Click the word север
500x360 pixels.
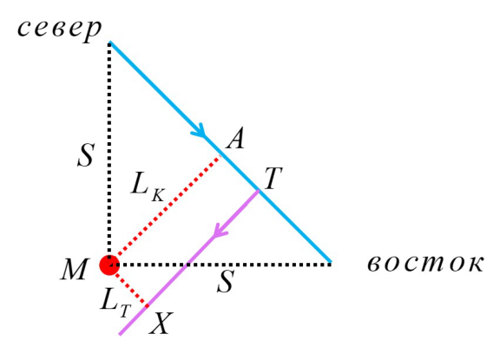59,30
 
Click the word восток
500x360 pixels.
425,264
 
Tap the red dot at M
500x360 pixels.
109,265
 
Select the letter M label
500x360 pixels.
74,269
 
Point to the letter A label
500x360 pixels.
235,138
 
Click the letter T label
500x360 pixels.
273,179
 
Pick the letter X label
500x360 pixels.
161,323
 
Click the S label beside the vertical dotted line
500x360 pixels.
86,154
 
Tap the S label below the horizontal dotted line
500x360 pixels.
226,281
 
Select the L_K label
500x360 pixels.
148,187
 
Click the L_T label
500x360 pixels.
115,304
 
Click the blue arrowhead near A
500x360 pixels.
200,130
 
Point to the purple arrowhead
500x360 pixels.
220,230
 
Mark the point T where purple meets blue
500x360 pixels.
259,191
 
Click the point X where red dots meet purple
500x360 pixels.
147,306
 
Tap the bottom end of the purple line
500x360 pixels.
120,334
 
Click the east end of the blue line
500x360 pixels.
331,262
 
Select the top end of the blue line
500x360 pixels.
109,42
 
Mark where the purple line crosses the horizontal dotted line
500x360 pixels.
187,264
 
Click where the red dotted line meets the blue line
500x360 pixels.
220,155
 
